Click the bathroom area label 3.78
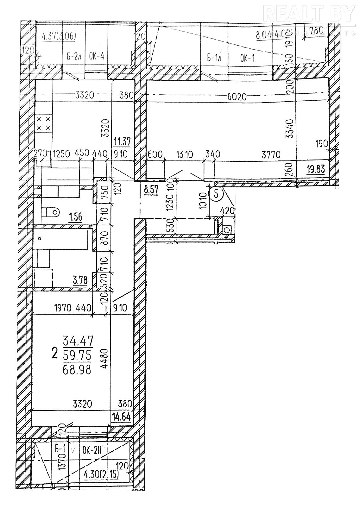point(80,280)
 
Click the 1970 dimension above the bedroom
point(65,307)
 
